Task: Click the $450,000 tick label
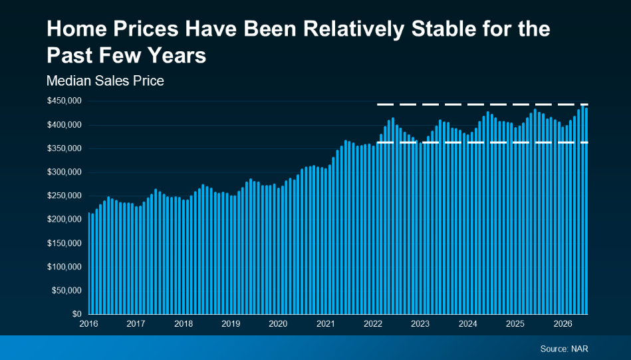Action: tap(64, 100)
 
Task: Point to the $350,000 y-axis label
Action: tap(64, 148)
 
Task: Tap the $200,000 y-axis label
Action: tap(64, 220)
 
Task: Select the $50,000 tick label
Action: tap(66, 290)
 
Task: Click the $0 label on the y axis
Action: tap(77, 313)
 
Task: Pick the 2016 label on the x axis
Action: tap(88, 324)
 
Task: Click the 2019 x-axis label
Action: tap(231, 324)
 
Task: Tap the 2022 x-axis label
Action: tap(373, 324)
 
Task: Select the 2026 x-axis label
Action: tap(563, 324)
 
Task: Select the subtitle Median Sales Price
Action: tap(105, 81)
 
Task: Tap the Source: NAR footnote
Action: tap(564, 349)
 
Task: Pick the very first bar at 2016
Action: tap(89, 264)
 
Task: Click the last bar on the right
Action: tap(586, 211)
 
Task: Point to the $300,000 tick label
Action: tap(64, 172)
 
